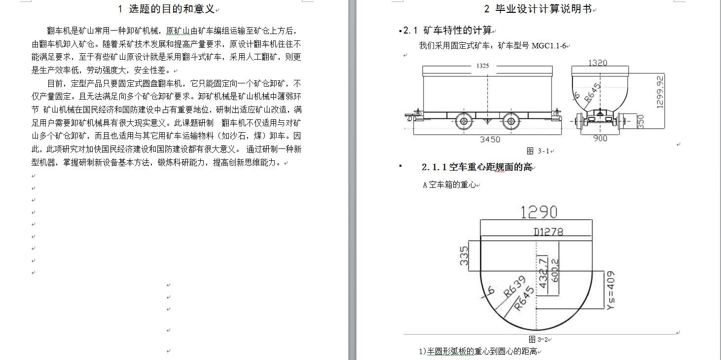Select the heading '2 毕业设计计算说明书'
538,9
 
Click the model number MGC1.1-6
549,46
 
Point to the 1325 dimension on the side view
482,66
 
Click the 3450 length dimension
490,140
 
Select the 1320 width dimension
598,63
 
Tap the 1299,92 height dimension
660,92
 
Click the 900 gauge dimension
600,139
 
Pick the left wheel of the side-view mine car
464,121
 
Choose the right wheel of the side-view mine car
511,121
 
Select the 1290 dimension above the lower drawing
539,212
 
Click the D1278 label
548,232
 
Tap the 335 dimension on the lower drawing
464,256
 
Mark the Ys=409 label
611,290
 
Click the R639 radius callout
515,286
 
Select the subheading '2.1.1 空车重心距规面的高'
477,167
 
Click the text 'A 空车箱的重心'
449,185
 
